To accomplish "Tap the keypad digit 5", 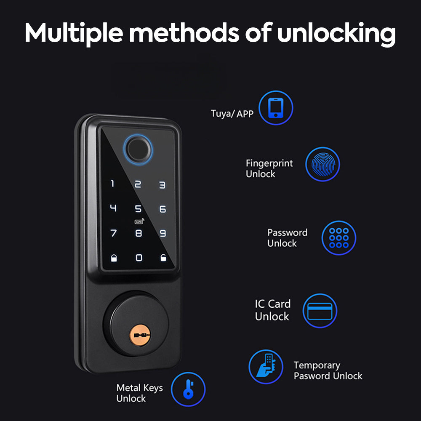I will [138, 209].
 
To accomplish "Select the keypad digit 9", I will [163, 233].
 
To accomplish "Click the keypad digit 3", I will [162, 184].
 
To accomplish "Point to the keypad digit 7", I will [113, 233].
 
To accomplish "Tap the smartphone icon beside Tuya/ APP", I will [276, 109].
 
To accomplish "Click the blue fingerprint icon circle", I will [322, 164].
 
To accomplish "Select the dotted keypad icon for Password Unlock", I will [339, 238].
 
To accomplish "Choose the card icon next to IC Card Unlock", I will [320, 311].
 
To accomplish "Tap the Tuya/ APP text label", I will [232, 113].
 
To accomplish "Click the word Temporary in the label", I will [317, 365].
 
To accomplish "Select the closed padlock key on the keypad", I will [114, 258].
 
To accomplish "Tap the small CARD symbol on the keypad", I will [138, 221].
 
